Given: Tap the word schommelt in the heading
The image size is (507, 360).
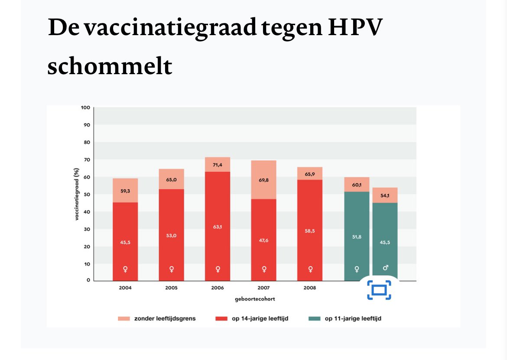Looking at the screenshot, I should [x=110, y=66].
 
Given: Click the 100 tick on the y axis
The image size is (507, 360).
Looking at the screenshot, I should [x=85, y=108].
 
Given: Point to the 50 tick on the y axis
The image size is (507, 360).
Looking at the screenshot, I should [x=87, y=195].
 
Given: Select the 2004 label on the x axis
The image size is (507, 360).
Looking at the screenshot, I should [x=125, y=288].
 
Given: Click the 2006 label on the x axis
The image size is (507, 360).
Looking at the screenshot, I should [x=218, y=288].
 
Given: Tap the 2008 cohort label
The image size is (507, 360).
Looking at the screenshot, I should [x=310, y=288].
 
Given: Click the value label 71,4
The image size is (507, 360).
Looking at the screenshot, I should [x=218, y=165].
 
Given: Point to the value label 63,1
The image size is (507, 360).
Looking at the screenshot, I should [x=218, y=226].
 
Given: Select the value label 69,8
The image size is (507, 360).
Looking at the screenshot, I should [x=263, y=180].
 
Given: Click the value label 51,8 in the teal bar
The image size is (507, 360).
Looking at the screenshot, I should [x=357, y=237].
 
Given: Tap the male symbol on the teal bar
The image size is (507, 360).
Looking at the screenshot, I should [x=385, y=268].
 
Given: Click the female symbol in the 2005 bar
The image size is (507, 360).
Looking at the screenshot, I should [x=172, y=269].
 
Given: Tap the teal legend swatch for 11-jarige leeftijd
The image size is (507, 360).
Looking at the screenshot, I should [x=314, y=319].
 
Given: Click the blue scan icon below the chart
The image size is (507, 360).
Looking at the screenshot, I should [x=379, y=290].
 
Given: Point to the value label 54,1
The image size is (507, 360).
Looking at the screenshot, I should [x=385, y=196].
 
